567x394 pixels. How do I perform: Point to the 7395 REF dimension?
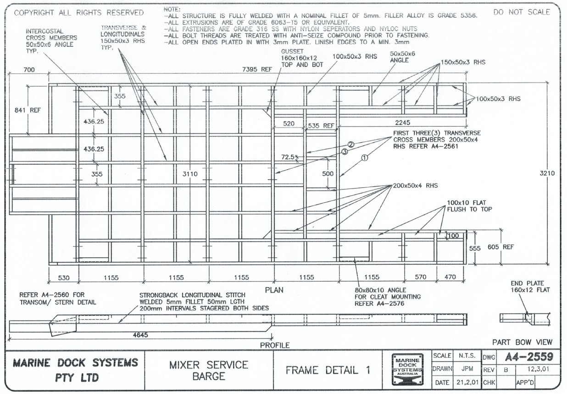257,70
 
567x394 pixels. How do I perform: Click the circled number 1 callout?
365,157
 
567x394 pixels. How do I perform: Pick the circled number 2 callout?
351,144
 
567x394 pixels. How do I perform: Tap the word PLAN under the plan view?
274,290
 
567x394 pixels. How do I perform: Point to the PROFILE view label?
275,345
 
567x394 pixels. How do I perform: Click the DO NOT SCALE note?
522,12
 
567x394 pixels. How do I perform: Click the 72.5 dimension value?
290,157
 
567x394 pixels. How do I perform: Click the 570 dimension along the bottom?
420,277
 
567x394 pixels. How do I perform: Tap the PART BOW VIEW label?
522,342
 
